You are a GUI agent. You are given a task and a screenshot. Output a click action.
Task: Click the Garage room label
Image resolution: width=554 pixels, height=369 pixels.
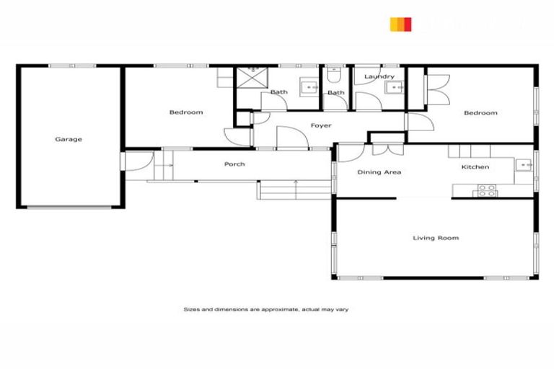pos(69,139)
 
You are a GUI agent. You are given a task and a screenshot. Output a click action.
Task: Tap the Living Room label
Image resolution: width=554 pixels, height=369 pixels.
pos(436,238)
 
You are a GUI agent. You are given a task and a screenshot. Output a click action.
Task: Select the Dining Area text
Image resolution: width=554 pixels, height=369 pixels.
pos(379,172)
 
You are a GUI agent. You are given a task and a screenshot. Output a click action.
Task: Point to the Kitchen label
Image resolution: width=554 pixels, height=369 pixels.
pos(475,167)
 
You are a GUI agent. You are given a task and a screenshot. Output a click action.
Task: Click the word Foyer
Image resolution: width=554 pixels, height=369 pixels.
pos(321,126)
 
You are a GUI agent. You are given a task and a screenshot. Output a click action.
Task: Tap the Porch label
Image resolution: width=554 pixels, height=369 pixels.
pos(234,164)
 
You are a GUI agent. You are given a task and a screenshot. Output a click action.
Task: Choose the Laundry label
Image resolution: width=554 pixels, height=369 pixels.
pos(379,76)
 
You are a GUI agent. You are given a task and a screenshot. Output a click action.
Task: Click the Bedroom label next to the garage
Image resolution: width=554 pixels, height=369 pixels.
pos(186,112)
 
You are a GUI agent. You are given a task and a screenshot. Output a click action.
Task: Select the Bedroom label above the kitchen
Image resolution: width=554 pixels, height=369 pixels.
pos(480,113)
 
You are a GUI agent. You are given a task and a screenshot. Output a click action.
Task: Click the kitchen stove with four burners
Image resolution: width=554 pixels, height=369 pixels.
pos(486,191)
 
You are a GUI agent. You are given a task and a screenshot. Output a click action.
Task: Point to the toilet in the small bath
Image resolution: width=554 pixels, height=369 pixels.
pos(334,74)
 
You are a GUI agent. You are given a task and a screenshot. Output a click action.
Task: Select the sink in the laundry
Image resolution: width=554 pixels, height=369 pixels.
pos(394,88)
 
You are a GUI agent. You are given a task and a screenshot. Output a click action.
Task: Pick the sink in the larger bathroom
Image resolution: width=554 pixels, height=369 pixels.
pos(310,88)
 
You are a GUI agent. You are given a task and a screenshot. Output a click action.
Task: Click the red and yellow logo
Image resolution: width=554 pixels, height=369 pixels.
pos(400,25)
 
